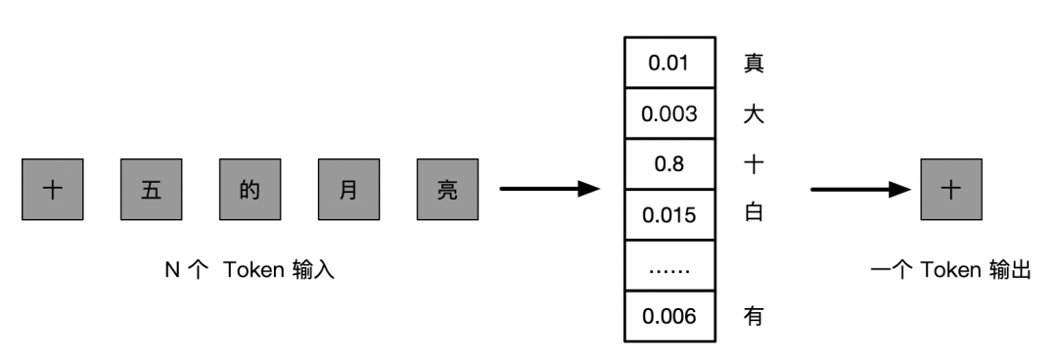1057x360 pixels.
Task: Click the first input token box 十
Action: coord(53,189)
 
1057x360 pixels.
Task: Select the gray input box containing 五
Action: coord(151,189)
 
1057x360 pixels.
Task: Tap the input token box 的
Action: coord(250,189)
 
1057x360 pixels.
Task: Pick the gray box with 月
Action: coord(347,189)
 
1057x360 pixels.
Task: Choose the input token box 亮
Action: coord(446,189)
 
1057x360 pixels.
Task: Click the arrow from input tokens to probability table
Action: coord(548,189)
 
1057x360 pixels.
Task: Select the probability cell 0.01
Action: coord(669,64)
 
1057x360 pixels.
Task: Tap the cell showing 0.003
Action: coord(669,113)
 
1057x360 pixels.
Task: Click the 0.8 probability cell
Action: coord(669,163)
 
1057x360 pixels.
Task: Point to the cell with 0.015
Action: coord(669,214)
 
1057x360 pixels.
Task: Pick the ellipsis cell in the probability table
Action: coord(669,265)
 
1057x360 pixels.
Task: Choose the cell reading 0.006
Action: coord(669,316)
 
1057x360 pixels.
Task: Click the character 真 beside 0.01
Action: coord(754,64)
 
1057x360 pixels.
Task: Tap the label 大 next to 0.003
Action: coord(754,113)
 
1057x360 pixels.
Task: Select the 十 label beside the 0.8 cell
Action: coord(754,163)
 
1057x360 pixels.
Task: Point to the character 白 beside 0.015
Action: coord(754,214)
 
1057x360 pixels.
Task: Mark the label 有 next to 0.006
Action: coord(754,316)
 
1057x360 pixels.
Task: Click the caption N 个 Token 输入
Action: coord(250,271)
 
